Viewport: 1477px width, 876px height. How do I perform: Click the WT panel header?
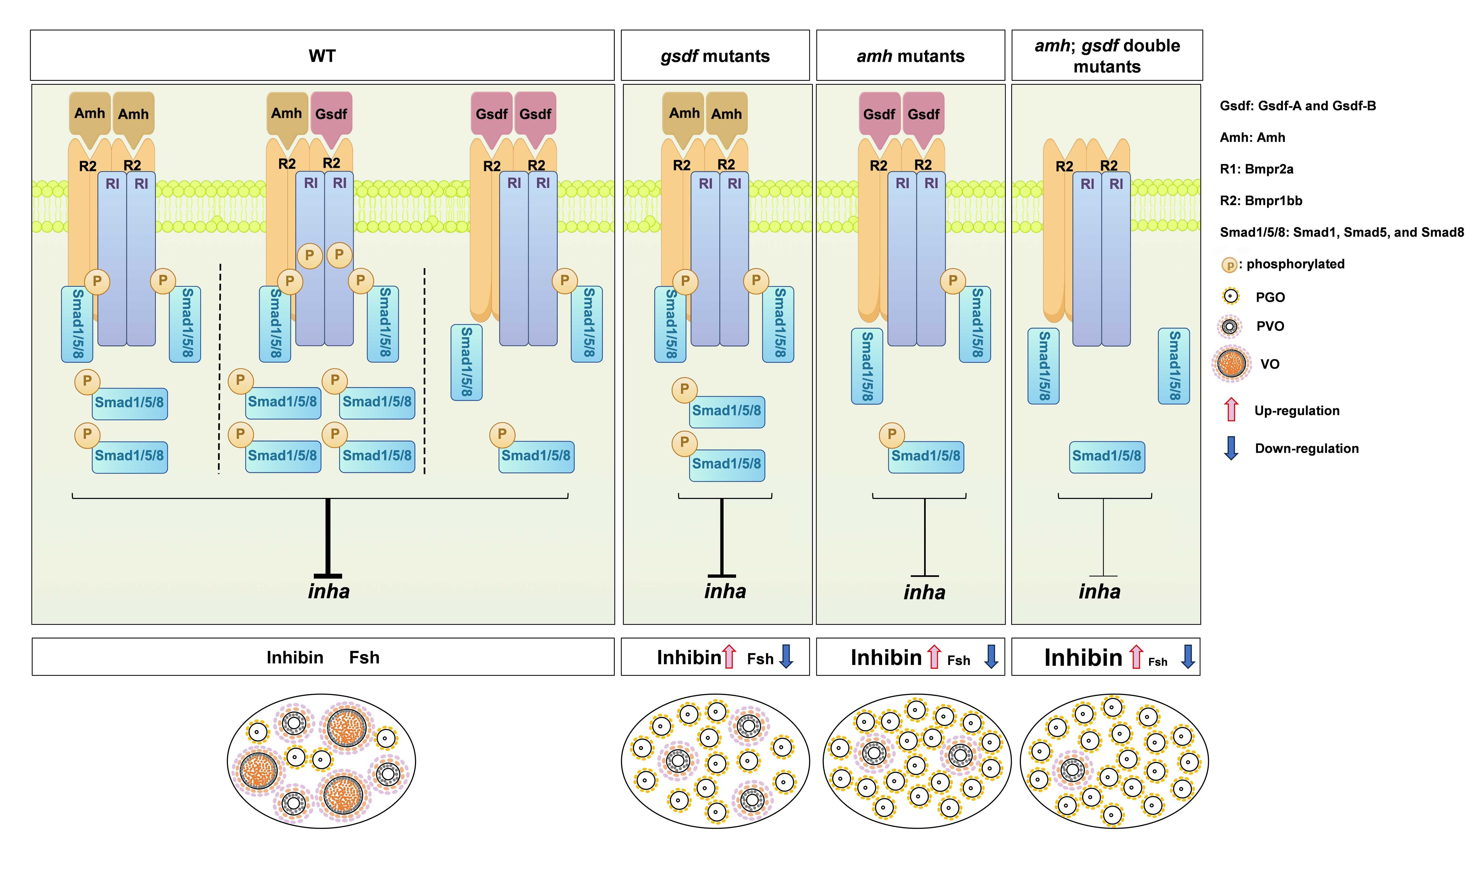point(322,56)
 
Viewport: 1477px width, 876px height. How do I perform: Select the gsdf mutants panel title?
point(715,56)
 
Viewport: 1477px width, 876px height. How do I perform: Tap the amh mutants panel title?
point(911,56)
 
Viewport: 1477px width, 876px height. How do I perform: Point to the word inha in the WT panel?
point(329,591)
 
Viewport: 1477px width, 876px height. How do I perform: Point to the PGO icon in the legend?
point(1230,296)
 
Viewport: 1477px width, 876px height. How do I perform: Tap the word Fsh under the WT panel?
point(364,658)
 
